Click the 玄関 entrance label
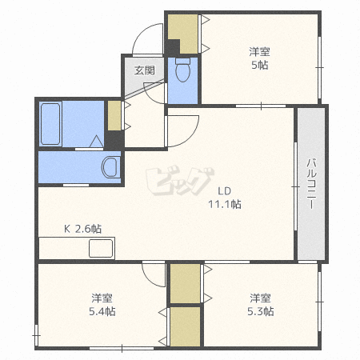pyautogui.click(x=144, y=70)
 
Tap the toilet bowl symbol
pyautogui.click(x=183, y=70)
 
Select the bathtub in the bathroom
pyautogui.click(x=50, y=124)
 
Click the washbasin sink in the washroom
pyautogui.click(x=110, y=167)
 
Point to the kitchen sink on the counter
pyautogui.click(x=101, y=248)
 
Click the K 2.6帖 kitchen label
pyautogui.click(x=82, y=229)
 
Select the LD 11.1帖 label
pyautogui.click(x=225, y=198)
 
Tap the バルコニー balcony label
pyautogui.click(x=311, y=184)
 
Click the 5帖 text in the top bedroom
pyautogui.click(x=260, y=65)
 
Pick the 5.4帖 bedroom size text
pyautogui.click(x=102, y=311)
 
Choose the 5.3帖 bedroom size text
pyautogui.click(x=261, y=311)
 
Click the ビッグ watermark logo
pyautogui.click(x=180, y=181)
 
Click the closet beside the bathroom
pyautogui.click(x=114, y=115)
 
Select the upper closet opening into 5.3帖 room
pyautogui.click(x=185, y=283)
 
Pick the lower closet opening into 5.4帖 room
pyautogui.click(x=185, y=326)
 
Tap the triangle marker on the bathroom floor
pyautogui.click(x=97, y=141)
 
